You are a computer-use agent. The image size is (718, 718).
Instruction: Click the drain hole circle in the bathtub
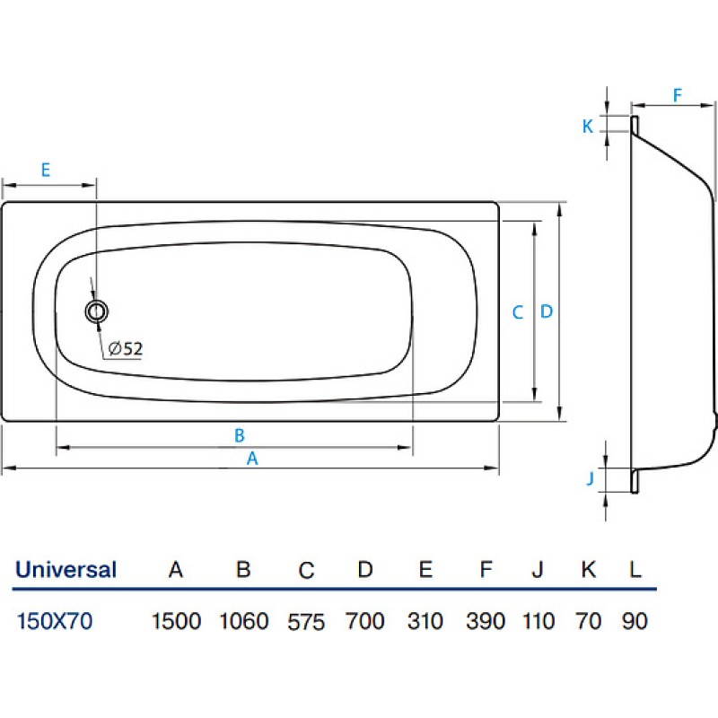click(97, 311)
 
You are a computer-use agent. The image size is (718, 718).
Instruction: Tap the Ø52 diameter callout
click(126, 349)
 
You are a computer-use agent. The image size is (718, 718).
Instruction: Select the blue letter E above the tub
click(46, 170)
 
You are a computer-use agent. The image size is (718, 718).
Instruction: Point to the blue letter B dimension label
click(239, 435)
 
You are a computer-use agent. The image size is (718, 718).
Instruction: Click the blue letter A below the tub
click(252, 459)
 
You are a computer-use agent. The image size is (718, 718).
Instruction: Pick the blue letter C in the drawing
click(518, 312)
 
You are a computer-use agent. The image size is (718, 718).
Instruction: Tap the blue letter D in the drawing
click(547, 311)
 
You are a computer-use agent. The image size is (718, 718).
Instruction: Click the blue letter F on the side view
click(678, 95)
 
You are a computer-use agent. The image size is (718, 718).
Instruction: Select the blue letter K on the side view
click(588, 126)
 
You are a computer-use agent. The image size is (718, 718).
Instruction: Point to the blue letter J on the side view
click(591, 478)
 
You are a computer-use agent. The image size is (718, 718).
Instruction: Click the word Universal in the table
click(66, 570)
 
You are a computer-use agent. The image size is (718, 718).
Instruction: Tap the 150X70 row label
click(55, 621)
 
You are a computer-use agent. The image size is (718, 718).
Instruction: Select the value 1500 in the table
click(176, 621)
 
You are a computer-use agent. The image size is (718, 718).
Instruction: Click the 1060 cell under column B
click(243, 621)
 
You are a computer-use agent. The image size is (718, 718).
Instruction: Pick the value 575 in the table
click(306, 622)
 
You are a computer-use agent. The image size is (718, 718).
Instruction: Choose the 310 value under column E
click(425, 621)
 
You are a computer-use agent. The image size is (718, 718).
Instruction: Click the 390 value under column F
click(486, 621)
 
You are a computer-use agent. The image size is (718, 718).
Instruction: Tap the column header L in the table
click(635, 570)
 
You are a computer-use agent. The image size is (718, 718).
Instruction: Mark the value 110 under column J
click(538, 621)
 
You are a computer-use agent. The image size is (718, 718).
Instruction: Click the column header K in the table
click(589, 570)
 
